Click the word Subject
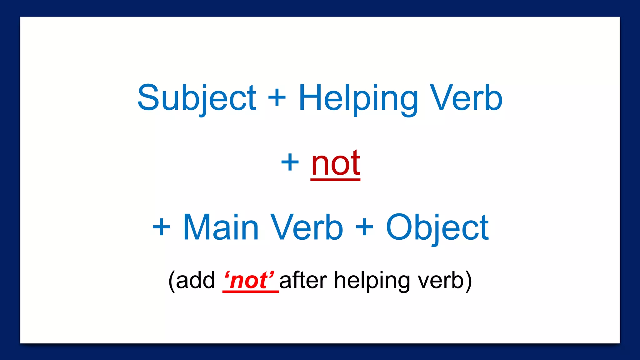point(197,98)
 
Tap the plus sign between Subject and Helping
point(277,98)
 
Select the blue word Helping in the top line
point(358,98)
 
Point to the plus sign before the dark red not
point(290,162)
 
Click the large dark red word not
point(336,163)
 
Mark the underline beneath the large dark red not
point(335,179)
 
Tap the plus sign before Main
point(161,227)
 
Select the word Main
point(221,227)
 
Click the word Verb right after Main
point(307,227)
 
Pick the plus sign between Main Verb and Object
point(364,227)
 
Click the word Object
point(437,228)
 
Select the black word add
point(195,280)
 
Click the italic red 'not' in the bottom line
point(249,280)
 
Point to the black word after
point(303,280)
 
